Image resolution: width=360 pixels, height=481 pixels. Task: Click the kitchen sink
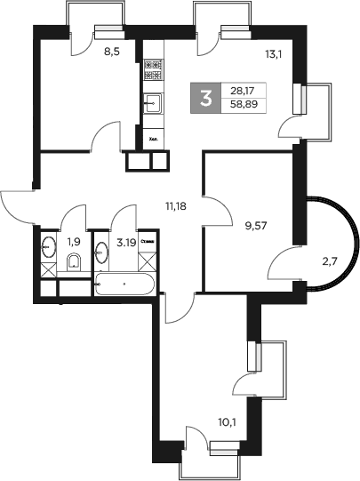153,103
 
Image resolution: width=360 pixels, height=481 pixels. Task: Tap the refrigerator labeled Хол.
153,138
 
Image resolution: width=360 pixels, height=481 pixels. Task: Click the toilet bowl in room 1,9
75,261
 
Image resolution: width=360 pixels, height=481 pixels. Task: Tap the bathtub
124,285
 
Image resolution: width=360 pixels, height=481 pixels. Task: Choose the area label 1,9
75,242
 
